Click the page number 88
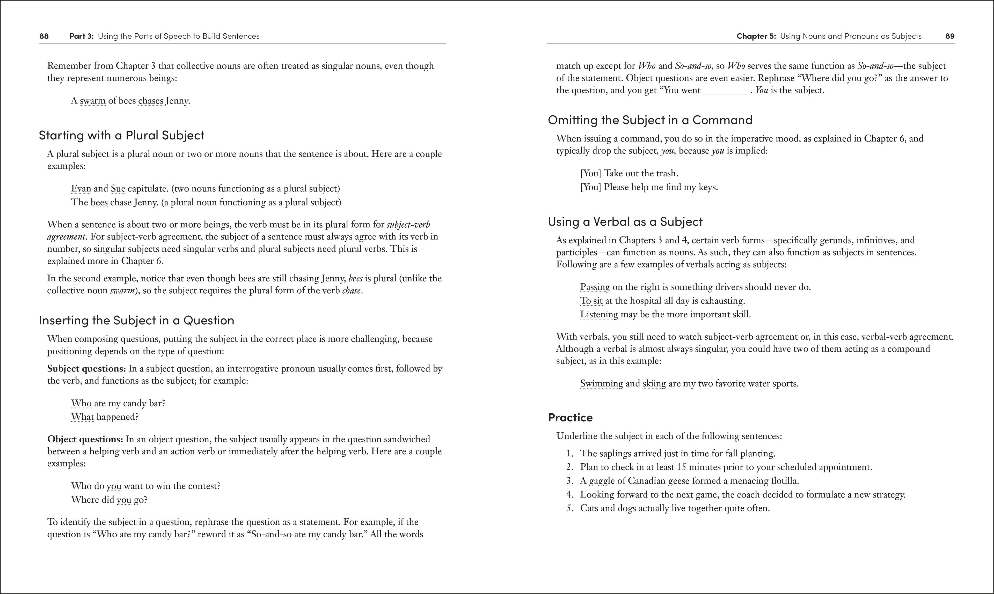44,36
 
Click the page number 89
949,36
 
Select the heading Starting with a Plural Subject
121,135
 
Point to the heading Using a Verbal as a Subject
625,222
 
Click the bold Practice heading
570,418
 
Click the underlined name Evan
81,189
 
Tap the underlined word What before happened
83,417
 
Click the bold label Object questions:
85,439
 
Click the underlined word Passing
595,287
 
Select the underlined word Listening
599,314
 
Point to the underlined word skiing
654,383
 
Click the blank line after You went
726,91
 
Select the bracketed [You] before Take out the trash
590,173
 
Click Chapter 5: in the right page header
756,36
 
